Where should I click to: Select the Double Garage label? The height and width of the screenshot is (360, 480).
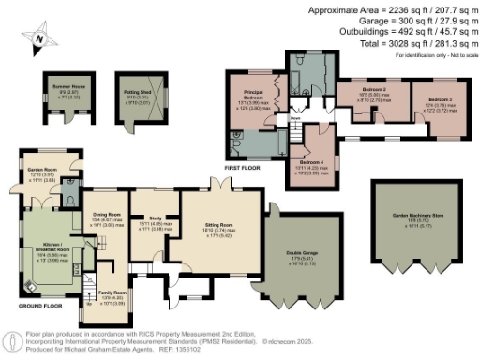[x=298, y=252]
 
